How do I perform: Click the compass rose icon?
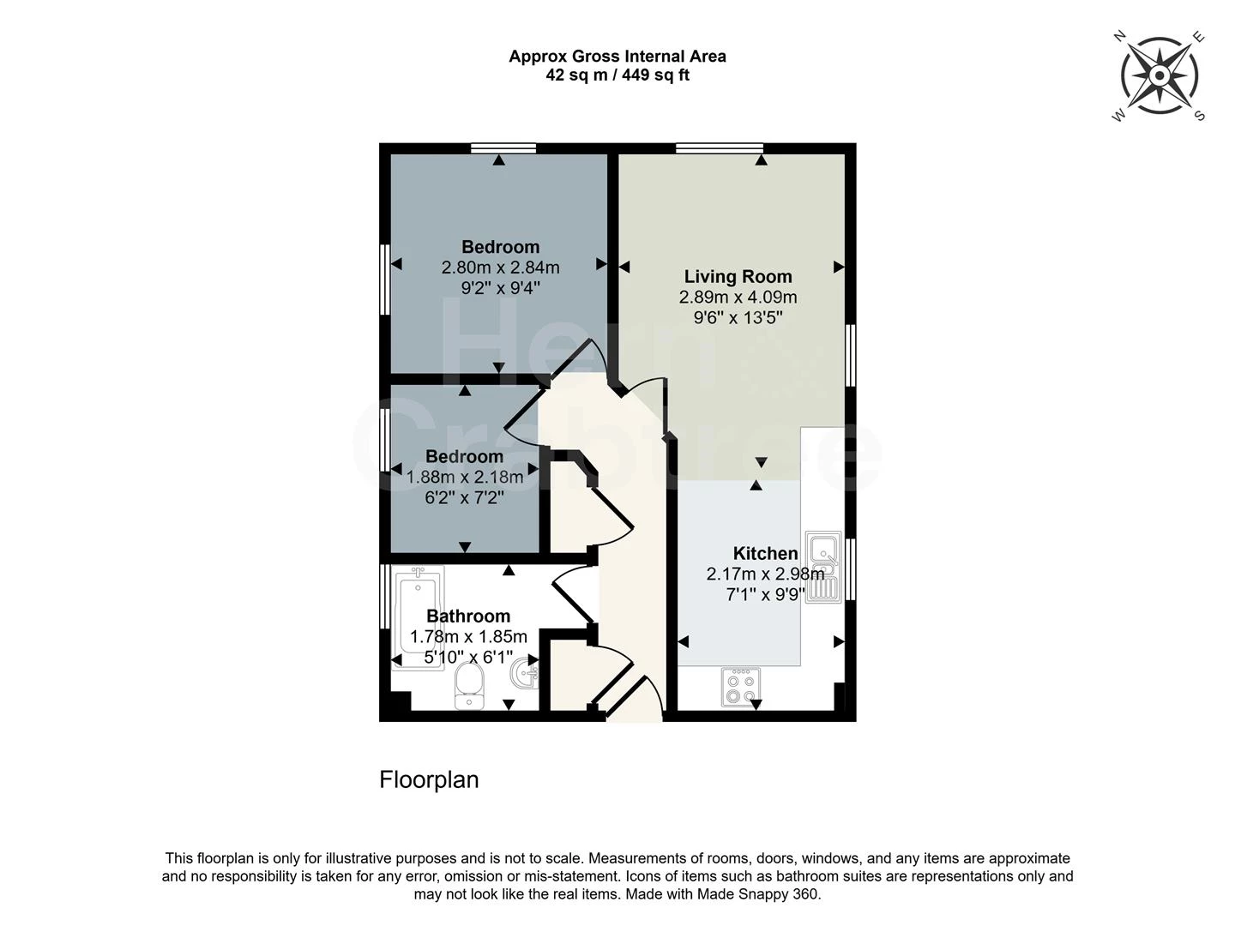[x=1159, y=75]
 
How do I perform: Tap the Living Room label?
[x=738, y=276]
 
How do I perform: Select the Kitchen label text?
[x=765, y=553]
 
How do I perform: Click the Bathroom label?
[x=468, y=616]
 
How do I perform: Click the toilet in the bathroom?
[x=469, y=687]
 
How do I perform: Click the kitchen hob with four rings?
[x=741, y=687]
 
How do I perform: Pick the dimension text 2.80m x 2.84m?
[x=500, y=268]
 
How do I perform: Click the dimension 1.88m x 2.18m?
[x=465, y=477]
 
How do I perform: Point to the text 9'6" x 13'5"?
[x=738, y=318]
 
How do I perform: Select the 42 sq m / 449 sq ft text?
[x=617, y=75]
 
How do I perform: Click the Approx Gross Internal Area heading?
[x=617, y=57]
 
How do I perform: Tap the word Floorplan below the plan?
[x=429, y=779]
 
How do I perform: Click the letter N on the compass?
[x=1119, y=37]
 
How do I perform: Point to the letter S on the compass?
[x=1199, y=116]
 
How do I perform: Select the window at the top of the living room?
[x=719, y=148]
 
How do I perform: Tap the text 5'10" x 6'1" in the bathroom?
[x=468, y=657]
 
